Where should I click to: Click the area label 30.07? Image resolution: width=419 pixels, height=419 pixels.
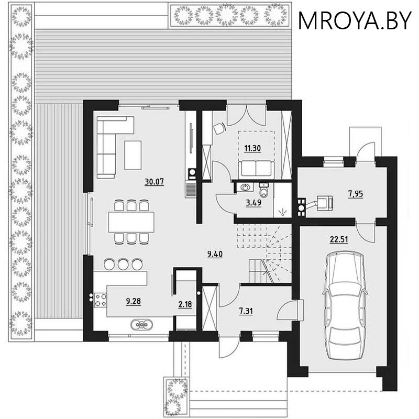click(x=155, y=182)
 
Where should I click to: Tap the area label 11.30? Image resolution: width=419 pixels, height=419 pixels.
click(x=252, y=148)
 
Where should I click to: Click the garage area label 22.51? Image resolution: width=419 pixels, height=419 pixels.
click(x=340, y=240)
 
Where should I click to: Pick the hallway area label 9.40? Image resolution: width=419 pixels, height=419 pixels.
click(x=215, y=255)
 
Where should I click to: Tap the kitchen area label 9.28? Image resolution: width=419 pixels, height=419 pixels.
click(x=134, y=301)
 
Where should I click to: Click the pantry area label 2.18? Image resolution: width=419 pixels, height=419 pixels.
click(x=185, y=304)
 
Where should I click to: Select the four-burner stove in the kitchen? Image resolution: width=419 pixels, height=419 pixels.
click(x=101, y=300)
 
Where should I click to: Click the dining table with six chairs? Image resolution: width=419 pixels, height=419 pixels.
click(x=131, y=222)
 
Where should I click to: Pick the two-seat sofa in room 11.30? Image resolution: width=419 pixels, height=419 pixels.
click(x=256, y=169)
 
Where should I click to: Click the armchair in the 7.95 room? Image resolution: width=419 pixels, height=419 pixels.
click(x=325, y=202)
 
